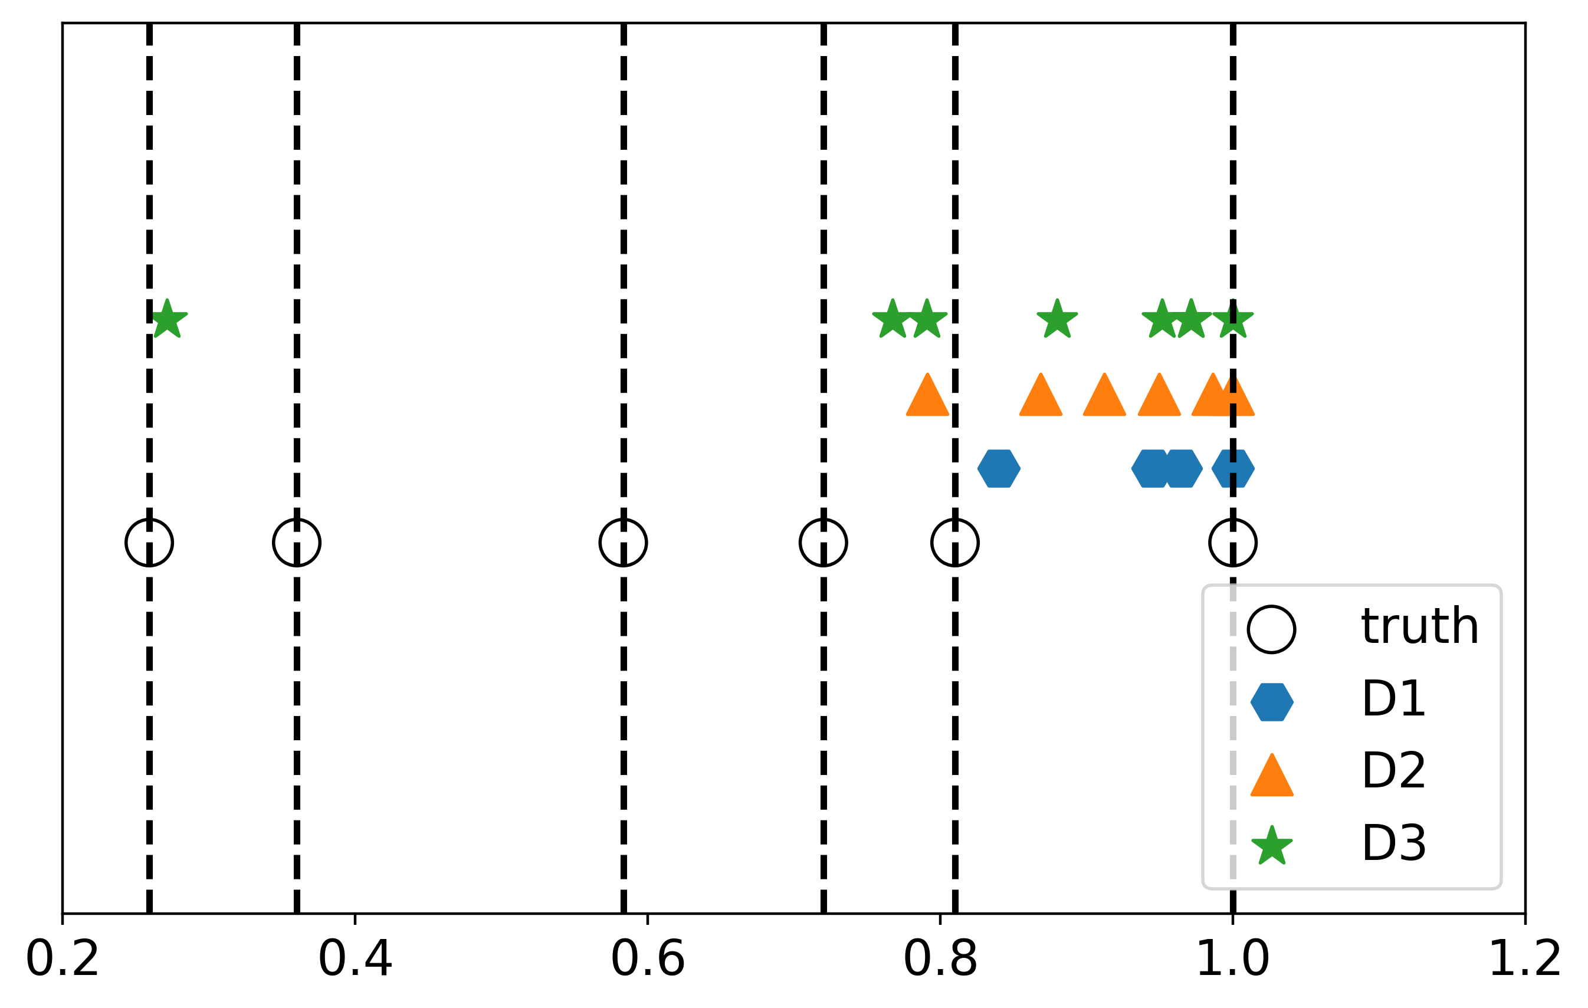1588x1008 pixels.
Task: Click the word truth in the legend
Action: click(x=1420, y=626)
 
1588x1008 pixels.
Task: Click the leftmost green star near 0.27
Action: click(x=168, y=320)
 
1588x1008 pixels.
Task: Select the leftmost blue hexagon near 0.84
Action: click(x=999, y=469)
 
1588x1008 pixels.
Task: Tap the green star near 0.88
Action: click(x=1058, y=320)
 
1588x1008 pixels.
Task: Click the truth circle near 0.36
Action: click(x=297, y=543)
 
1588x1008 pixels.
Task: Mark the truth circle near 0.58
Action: click(x=623, y=543)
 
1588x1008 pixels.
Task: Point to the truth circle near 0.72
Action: click(x=823, y=543)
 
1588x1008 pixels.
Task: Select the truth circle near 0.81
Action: click(x=955, y=543)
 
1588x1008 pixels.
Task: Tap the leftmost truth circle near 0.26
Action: click(x=150, y=543)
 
